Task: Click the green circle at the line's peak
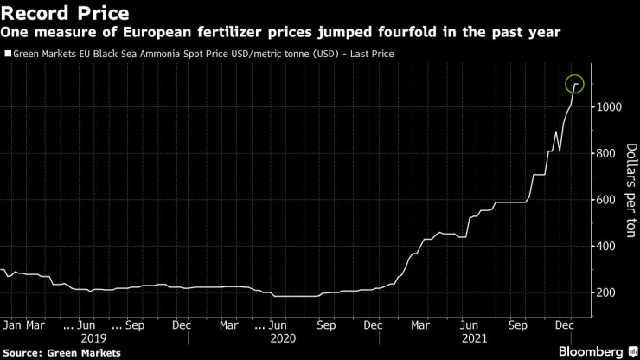click(x=575, y=84)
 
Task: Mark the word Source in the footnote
click(x=23, y=352)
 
